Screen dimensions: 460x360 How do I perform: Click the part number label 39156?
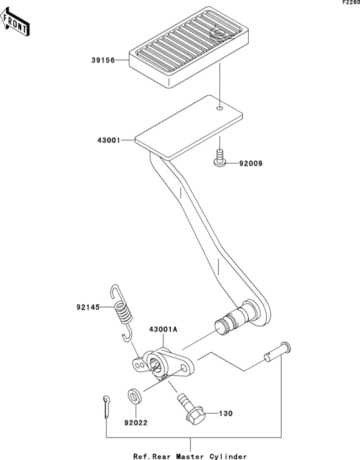tap(102, 60)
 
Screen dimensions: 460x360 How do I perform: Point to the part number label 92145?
tap(89, 307)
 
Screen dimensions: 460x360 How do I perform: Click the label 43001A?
tap(163, 328)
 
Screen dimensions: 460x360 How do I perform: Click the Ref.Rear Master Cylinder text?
tap(190, 455)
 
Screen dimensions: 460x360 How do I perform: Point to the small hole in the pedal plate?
tap(220, 109)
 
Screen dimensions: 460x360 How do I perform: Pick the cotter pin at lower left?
tap(105, 407)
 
